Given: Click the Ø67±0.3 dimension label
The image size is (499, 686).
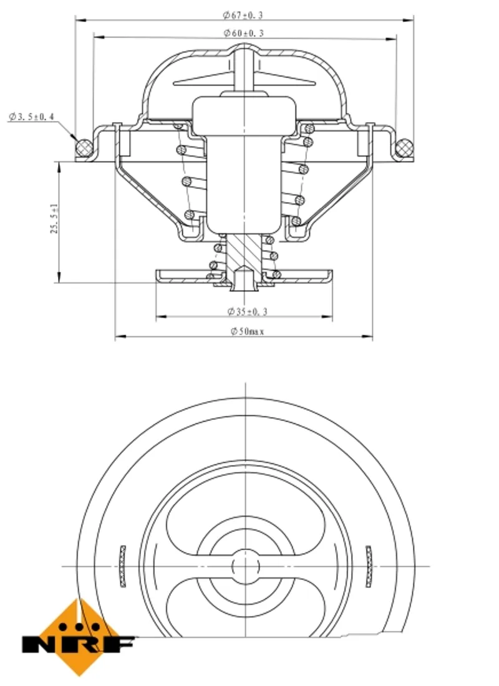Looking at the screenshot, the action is [243, 16].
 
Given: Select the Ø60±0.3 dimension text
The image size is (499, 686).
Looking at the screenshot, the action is [244, 33].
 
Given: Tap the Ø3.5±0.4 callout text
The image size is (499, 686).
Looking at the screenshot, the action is [32, 117].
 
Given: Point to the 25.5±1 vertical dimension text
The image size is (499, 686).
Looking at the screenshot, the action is [54, 218].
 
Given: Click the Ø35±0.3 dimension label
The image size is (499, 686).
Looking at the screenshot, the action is [247, 311].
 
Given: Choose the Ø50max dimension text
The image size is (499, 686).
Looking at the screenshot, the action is [248, 331].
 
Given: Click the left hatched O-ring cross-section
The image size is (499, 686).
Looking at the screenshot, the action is [84, 148].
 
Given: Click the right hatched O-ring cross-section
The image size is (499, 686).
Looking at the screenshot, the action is [404, 148].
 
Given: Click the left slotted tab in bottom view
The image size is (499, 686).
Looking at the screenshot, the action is [123, 566].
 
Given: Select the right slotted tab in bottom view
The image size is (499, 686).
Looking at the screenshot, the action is [369, 566].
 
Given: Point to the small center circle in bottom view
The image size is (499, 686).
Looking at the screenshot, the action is [246, 566].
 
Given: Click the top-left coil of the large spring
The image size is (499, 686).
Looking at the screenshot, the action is [178, 127].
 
